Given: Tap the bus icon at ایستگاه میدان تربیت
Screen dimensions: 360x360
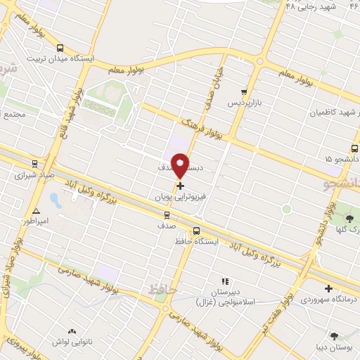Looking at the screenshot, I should point(60,48).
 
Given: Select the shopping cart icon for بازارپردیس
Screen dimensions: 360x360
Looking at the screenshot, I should point(244,91).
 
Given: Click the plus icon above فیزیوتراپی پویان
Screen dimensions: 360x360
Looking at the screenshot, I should point(180,186).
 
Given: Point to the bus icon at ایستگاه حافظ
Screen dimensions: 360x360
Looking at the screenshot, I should point(196,231).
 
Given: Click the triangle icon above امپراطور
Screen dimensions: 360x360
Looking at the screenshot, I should point(36,210).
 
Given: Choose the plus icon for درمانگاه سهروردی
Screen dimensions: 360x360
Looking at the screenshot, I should point(328,288).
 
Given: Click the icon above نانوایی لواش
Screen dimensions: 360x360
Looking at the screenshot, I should point(71,331).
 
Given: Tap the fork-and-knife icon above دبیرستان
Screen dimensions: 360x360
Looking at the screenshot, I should point(225,281).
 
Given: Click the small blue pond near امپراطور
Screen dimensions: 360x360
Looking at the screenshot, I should point(56,200).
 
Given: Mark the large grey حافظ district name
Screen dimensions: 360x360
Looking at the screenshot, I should point(160,288).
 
